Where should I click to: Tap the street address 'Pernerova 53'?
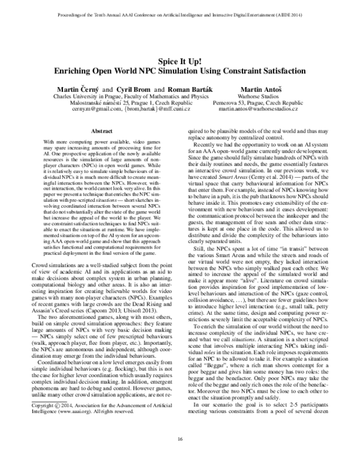[230, 103]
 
